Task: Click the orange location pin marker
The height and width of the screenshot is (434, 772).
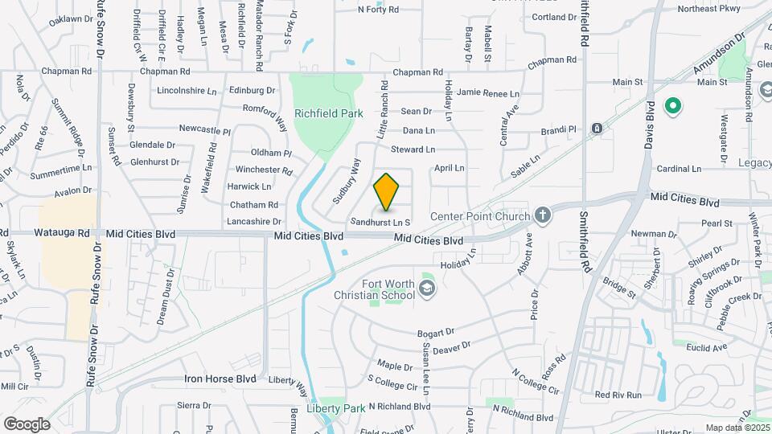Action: click(387, 191)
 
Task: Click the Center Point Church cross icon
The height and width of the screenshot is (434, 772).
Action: click(543, 215)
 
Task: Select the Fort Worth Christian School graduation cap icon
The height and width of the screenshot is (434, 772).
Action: click(427, 288)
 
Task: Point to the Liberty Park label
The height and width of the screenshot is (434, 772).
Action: click(342, 408)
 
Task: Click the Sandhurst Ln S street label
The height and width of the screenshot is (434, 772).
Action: click(380, 221)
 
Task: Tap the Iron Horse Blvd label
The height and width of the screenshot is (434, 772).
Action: click(220, 378)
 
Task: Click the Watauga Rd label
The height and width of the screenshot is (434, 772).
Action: click(61, 234)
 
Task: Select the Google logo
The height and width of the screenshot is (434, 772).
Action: click(27, 424)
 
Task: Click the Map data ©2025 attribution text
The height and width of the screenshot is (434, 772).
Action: click(737, 428)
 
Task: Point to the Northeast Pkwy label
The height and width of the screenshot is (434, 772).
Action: click(708, 9)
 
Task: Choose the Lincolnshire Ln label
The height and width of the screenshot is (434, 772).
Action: click(187, 91)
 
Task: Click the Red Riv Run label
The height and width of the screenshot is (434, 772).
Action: click(618, 395)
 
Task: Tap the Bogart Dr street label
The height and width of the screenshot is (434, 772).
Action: click(436, 333)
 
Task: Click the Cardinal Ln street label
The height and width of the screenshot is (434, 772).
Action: click(679, 169)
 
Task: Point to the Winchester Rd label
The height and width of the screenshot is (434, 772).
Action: click(263, 170)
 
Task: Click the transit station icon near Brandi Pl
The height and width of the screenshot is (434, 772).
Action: click(596, 129)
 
